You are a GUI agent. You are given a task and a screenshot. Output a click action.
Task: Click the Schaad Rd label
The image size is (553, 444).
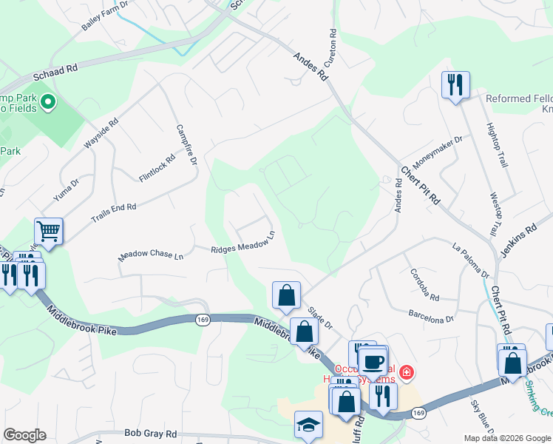point(55,72)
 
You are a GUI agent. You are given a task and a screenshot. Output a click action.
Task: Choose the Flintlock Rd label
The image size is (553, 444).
point(157,168)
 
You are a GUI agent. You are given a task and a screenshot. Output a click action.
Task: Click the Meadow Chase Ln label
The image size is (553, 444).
point(151,255)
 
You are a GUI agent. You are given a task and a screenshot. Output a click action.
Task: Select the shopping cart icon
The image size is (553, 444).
point(49,231)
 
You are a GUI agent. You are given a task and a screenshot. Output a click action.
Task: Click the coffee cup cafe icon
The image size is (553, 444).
point(373,361)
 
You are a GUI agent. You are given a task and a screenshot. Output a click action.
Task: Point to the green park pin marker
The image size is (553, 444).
point(49,101)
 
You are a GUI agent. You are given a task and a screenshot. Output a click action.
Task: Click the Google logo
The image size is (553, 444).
point(24,434)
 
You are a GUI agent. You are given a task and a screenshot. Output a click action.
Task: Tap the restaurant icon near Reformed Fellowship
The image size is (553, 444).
point(455,84)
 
